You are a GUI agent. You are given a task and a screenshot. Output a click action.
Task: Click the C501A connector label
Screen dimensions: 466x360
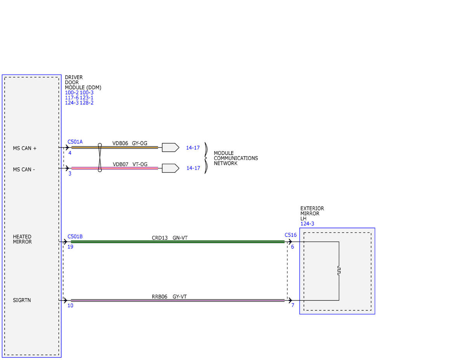(75, 142)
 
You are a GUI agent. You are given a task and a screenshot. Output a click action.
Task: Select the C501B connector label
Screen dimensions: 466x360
(75, 237)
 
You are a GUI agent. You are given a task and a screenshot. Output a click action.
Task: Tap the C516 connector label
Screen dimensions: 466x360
(290, 235)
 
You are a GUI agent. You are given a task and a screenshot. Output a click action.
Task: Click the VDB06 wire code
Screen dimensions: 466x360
(120, 143)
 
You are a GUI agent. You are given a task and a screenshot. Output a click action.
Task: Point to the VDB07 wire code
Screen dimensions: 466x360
(120, 164)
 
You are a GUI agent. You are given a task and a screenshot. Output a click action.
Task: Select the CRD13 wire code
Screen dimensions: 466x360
(160, 238)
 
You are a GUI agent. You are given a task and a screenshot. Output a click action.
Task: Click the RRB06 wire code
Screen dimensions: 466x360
(159, 297)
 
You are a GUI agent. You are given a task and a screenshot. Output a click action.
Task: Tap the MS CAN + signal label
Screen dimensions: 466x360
(25, 148)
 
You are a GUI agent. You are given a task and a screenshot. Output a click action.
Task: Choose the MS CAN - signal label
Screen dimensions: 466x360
(24, 170)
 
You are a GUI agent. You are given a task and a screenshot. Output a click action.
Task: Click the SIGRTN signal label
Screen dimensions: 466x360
(22, 300)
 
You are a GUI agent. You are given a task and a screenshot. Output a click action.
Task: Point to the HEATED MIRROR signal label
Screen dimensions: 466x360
(22, 239)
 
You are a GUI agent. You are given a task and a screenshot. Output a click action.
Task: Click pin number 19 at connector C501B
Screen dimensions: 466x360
(70, 247)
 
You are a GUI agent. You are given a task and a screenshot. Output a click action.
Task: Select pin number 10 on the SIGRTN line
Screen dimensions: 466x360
(70, 306)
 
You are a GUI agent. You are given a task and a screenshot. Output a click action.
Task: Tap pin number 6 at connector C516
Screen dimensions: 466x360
(292, 247)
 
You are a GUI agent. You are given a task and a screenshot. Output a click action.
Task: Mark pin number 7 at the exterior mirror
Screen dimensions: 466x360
(293, 305)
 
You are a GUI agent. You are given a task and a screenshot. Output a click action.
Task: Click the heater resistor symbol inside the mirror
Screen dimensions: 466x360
(339, 271)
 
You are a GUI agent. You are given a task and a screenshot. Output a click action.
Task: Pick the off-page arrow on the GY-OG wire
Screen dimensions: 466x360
(170, 148)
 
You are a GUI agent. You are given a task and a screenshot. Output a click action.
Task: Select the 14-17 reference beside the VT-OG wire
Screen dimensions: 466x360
(193, 168)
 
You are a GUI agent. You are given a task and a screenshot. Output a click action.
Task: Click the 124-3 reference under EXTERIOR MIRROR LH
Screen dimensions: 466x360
(307, 224)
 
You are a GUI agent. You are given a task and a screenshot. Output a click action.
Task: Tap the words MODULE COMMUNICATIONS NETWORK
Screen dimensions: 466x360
(236, 158)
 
